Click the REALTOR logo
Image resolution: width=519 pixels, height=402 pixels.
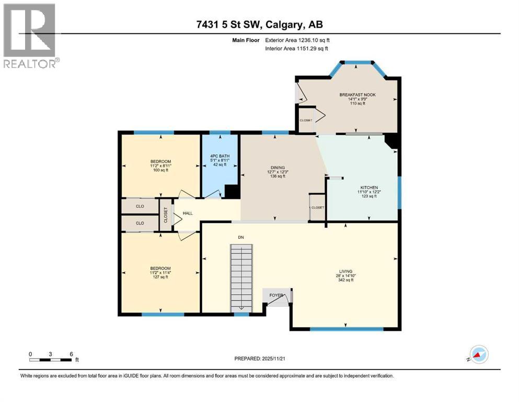[30, 36]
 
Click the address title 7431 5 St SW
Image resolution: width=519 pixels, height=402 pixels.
[259, 25]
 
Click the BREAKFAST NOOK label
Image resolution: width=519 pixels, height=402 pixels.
[357, 95]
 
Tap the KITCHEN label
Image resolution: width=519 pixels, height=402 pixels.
[368, 187]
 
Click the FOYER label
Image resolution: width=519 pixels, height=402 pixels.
[276, 295]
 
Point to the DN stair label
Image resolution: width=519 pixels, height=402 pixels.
[240, 238]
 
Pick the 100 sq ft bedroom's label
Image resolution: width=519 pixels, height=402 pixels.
[160, 161]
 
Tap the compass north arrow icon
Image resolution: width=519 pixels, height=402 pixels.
[478, 354]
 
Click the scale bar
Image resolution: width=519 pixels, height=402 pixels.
[51, 359]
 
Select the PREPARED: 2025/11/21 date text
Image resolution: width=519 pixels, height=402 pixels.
[260, 359]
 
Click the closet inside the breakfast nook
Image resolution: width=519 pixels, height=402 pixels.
[306, 120]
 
